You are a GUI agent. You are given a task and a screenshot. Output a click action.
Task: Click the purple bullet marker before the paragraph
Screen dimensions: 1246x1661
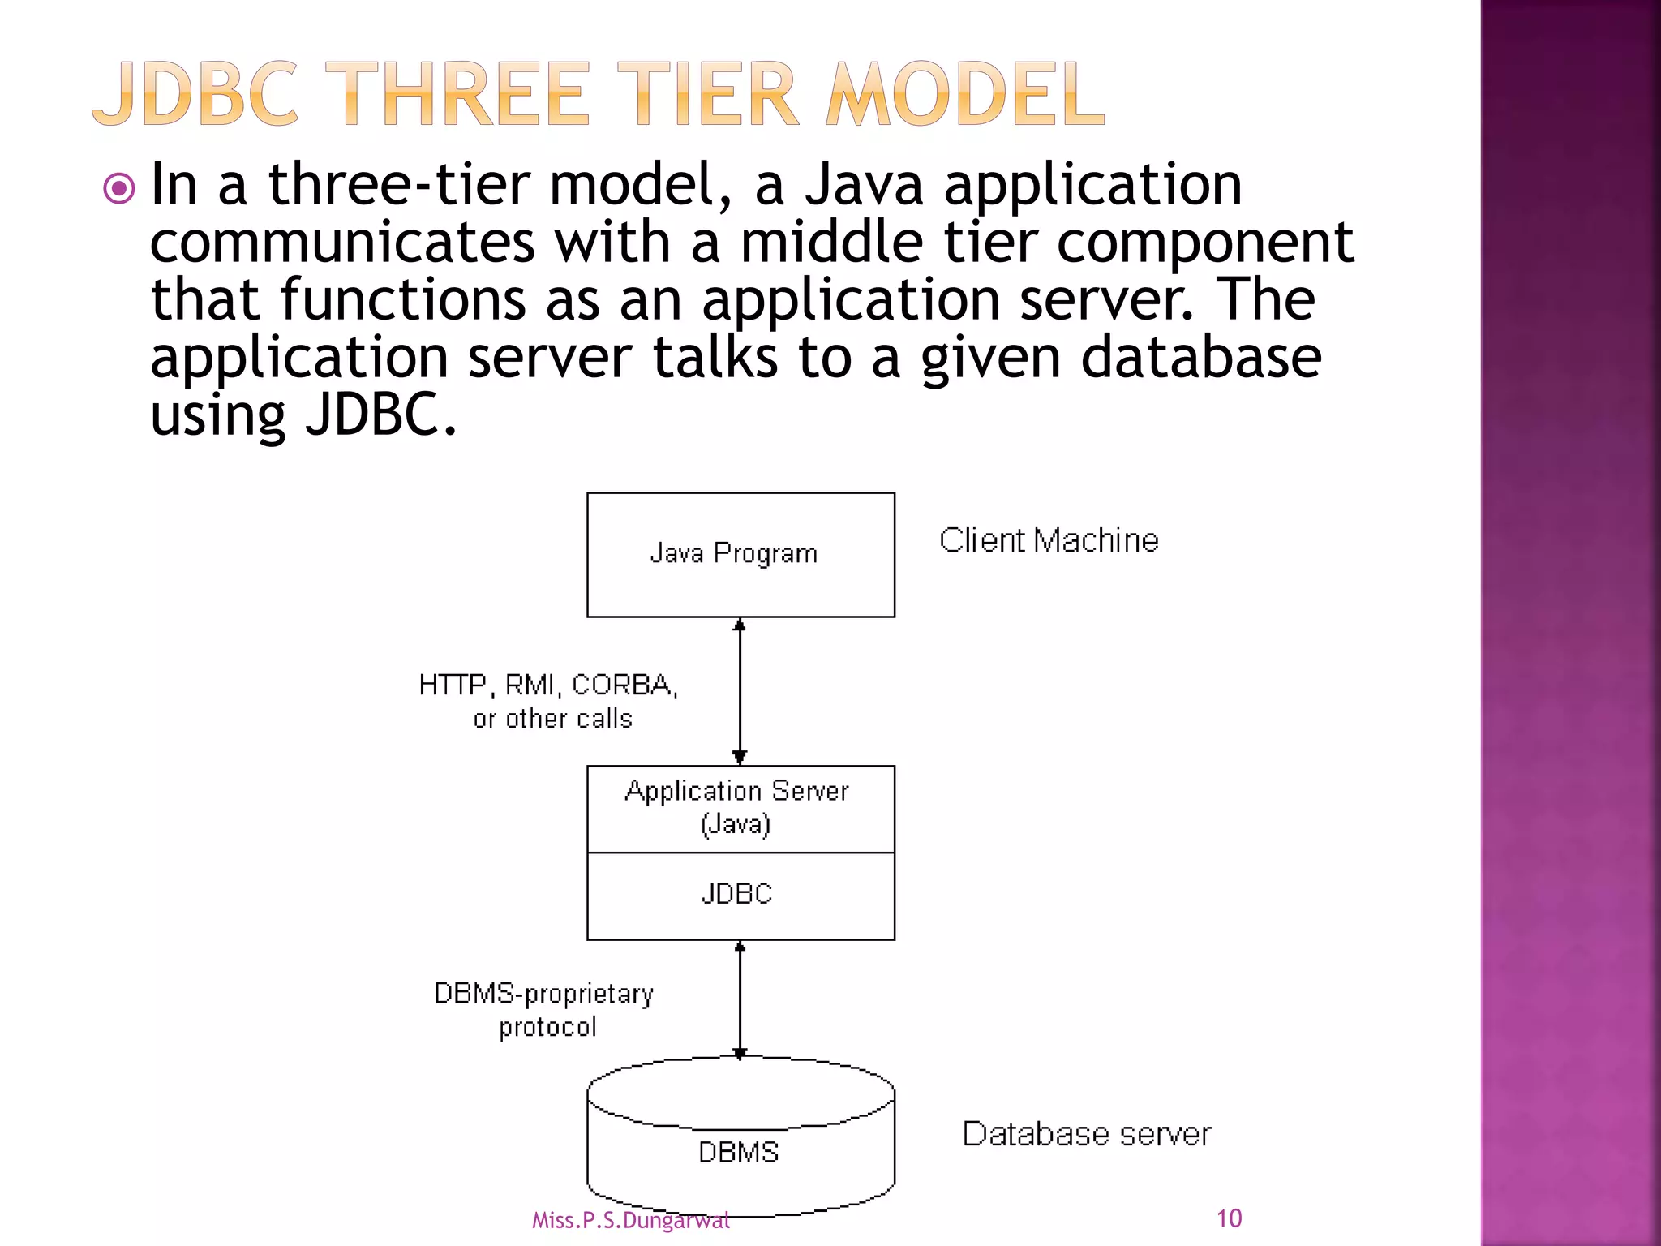coord(119,190)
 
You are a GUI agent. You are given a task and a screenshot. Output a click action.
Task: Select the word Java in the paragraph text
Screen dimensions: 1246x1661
coord(864,185)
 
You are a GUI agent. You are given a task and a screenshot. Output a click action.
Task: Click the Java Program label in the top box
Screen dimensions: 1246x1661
coord(734,553)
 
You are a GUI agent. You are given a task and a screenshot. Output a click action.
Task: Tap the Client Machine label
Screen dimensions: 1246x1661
coord(1049,540)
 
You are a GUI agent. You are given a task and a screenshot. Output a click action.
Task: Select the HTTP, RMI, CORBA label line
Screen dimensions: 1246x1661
coord(548,685)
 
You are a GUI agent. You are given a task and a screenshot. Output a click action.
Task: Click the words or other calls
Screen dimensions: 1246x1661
coord(552,719)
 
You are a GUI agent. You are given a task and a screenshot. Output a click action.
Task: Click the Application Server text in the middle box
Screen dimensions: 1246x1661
coord(736,791)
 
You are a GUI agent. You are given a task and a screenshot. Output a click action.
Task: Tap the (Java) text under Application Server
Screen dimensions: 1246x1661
coord(736,825)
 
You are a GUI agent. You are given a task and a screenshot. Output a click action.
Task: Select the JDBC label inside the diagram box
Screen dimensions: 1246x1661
coord(736,894)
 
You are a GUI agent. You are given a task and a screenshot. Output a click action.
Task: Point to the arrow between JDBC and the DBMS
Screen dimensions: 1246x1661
coord(739,999)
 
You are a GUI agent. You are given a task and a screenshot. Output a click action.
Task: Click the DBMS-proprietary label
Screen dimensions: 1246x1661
coord(543,994)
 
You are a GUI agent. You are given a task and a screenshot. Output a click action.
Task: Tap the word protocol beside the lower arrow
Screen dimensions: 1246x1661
coord(547,1028)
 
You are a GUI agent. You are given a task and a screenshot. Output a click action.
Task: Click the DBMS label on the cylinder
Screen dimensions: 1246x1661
coord(738,1153)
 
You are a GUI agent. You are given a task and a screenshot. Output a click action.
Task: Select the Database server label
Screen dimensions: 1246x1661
coord(1087,1134)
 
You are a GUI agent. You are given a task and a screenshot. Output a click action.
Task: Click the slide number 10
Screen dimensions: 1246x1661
coord(1229,1218)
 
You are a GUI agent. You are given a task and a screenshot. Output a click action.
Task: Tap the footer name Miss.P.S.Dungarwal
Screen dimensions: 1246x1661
coord(630,1220)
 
